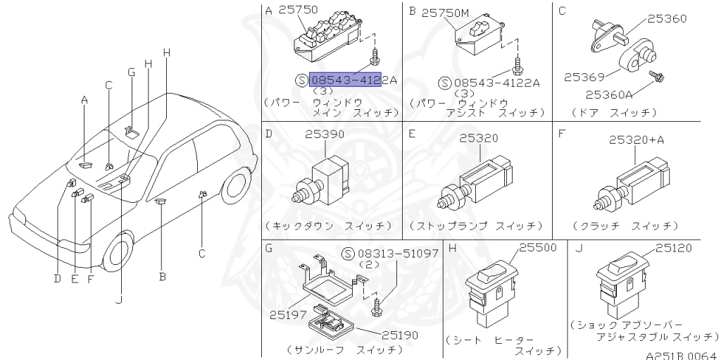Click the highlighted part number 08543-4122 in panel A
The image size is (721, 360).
345,80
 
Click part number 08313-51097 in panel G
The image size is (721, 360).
398,253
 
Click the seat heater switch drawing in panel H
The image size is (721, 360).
491,289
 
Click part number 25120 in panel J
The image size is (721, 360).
674,247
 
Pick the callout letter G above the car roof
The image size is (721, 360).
131,72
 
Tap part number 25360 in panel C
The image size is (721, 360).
667,19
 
